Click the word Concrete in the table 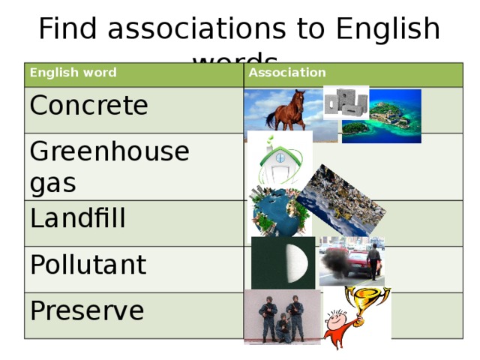click(x=88, y=106)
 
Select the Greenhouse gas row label click(x=109, y=166)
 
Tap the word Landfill click(x=78, y=219)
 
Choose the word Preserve click(x=87, y=310)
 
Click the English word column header click(x=73, y=73)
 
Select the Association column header click(x=287, y=73)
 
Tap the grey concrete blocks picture click(x=345, y=103)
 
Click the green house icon click(x=280, y=161)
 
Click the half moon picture click(x=283, y=262)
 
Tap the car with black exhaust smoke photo click(x=351, y=261)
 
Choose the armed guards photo click(x=281, y=317)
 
